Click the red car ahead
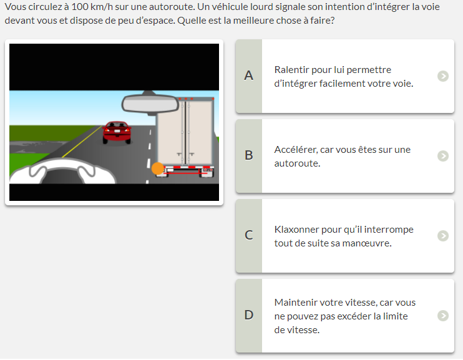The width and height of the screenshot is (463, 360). click(117, 133)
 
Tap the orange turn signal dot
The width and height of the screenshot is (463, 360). click(158, 168)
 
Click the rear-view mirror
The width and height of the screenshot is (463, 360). click(150, 104)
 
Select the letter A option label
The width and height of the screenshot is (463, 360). click(248, 75)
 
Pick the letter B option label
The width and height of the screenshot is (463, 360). click(248, 155)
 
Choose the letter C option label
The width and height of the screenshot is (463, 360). click(248, 235)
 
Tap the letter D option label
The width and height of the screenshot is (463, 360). click(248, 315)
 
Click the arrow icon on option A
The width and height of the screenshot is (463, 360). click(443, 76)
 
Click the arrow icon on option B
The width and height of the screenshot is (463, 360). click(443, 156)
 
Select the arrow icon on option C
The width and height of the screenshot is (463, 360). click(443, 236)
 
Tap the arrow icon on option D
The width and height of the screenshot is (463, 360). click(443, 316)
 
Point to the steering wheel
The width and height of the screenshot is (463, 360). click(62, 171)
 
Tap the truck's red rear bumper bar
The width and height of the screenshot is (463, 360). click(185, 173)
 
